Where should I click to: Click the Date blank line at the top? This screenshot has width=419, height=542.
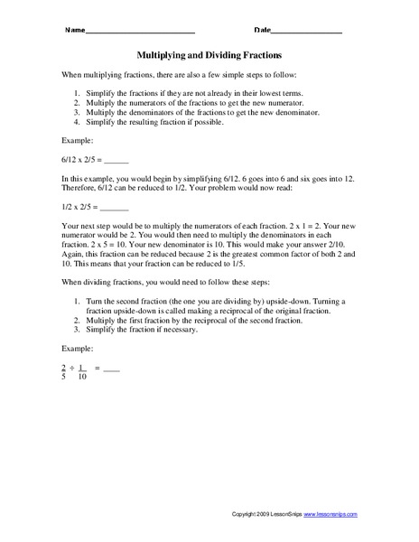307,32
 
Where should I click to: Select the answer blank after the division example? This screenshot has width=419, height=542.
110,369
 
